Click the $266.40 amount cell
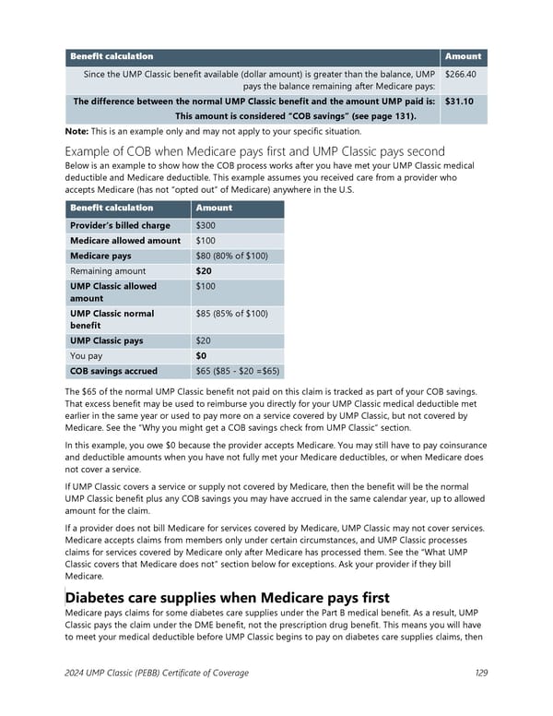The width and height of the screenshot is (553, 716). point(459,74)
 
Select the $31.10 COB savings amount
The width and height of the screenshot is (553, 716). point(459,101)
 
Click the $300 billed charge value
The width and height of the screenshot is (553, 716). point(206,225)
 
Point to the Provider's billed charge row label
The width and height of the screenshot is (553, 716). point(120,225)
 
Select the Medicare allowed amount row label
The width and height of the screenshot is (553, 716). point(125,241)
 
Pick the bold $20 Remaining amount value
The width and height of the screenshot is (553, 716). point(205,271)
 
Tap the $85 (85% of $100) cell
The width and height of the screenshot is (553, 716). point(232,314)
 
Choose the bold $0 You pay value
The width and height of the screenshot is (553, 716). point(202,355)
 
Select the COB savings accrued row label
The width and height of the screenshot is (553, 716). point(113,371)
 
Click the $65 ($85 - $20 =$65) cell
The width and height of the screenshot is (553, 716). point(238,371)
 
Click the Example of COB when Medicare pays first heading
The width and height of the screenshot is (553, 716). point(254,151)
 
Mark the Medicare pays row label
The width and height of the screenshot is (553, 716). point(100,256)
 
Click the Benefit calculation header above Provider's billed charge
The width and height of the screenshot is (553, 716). point(112,208)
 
